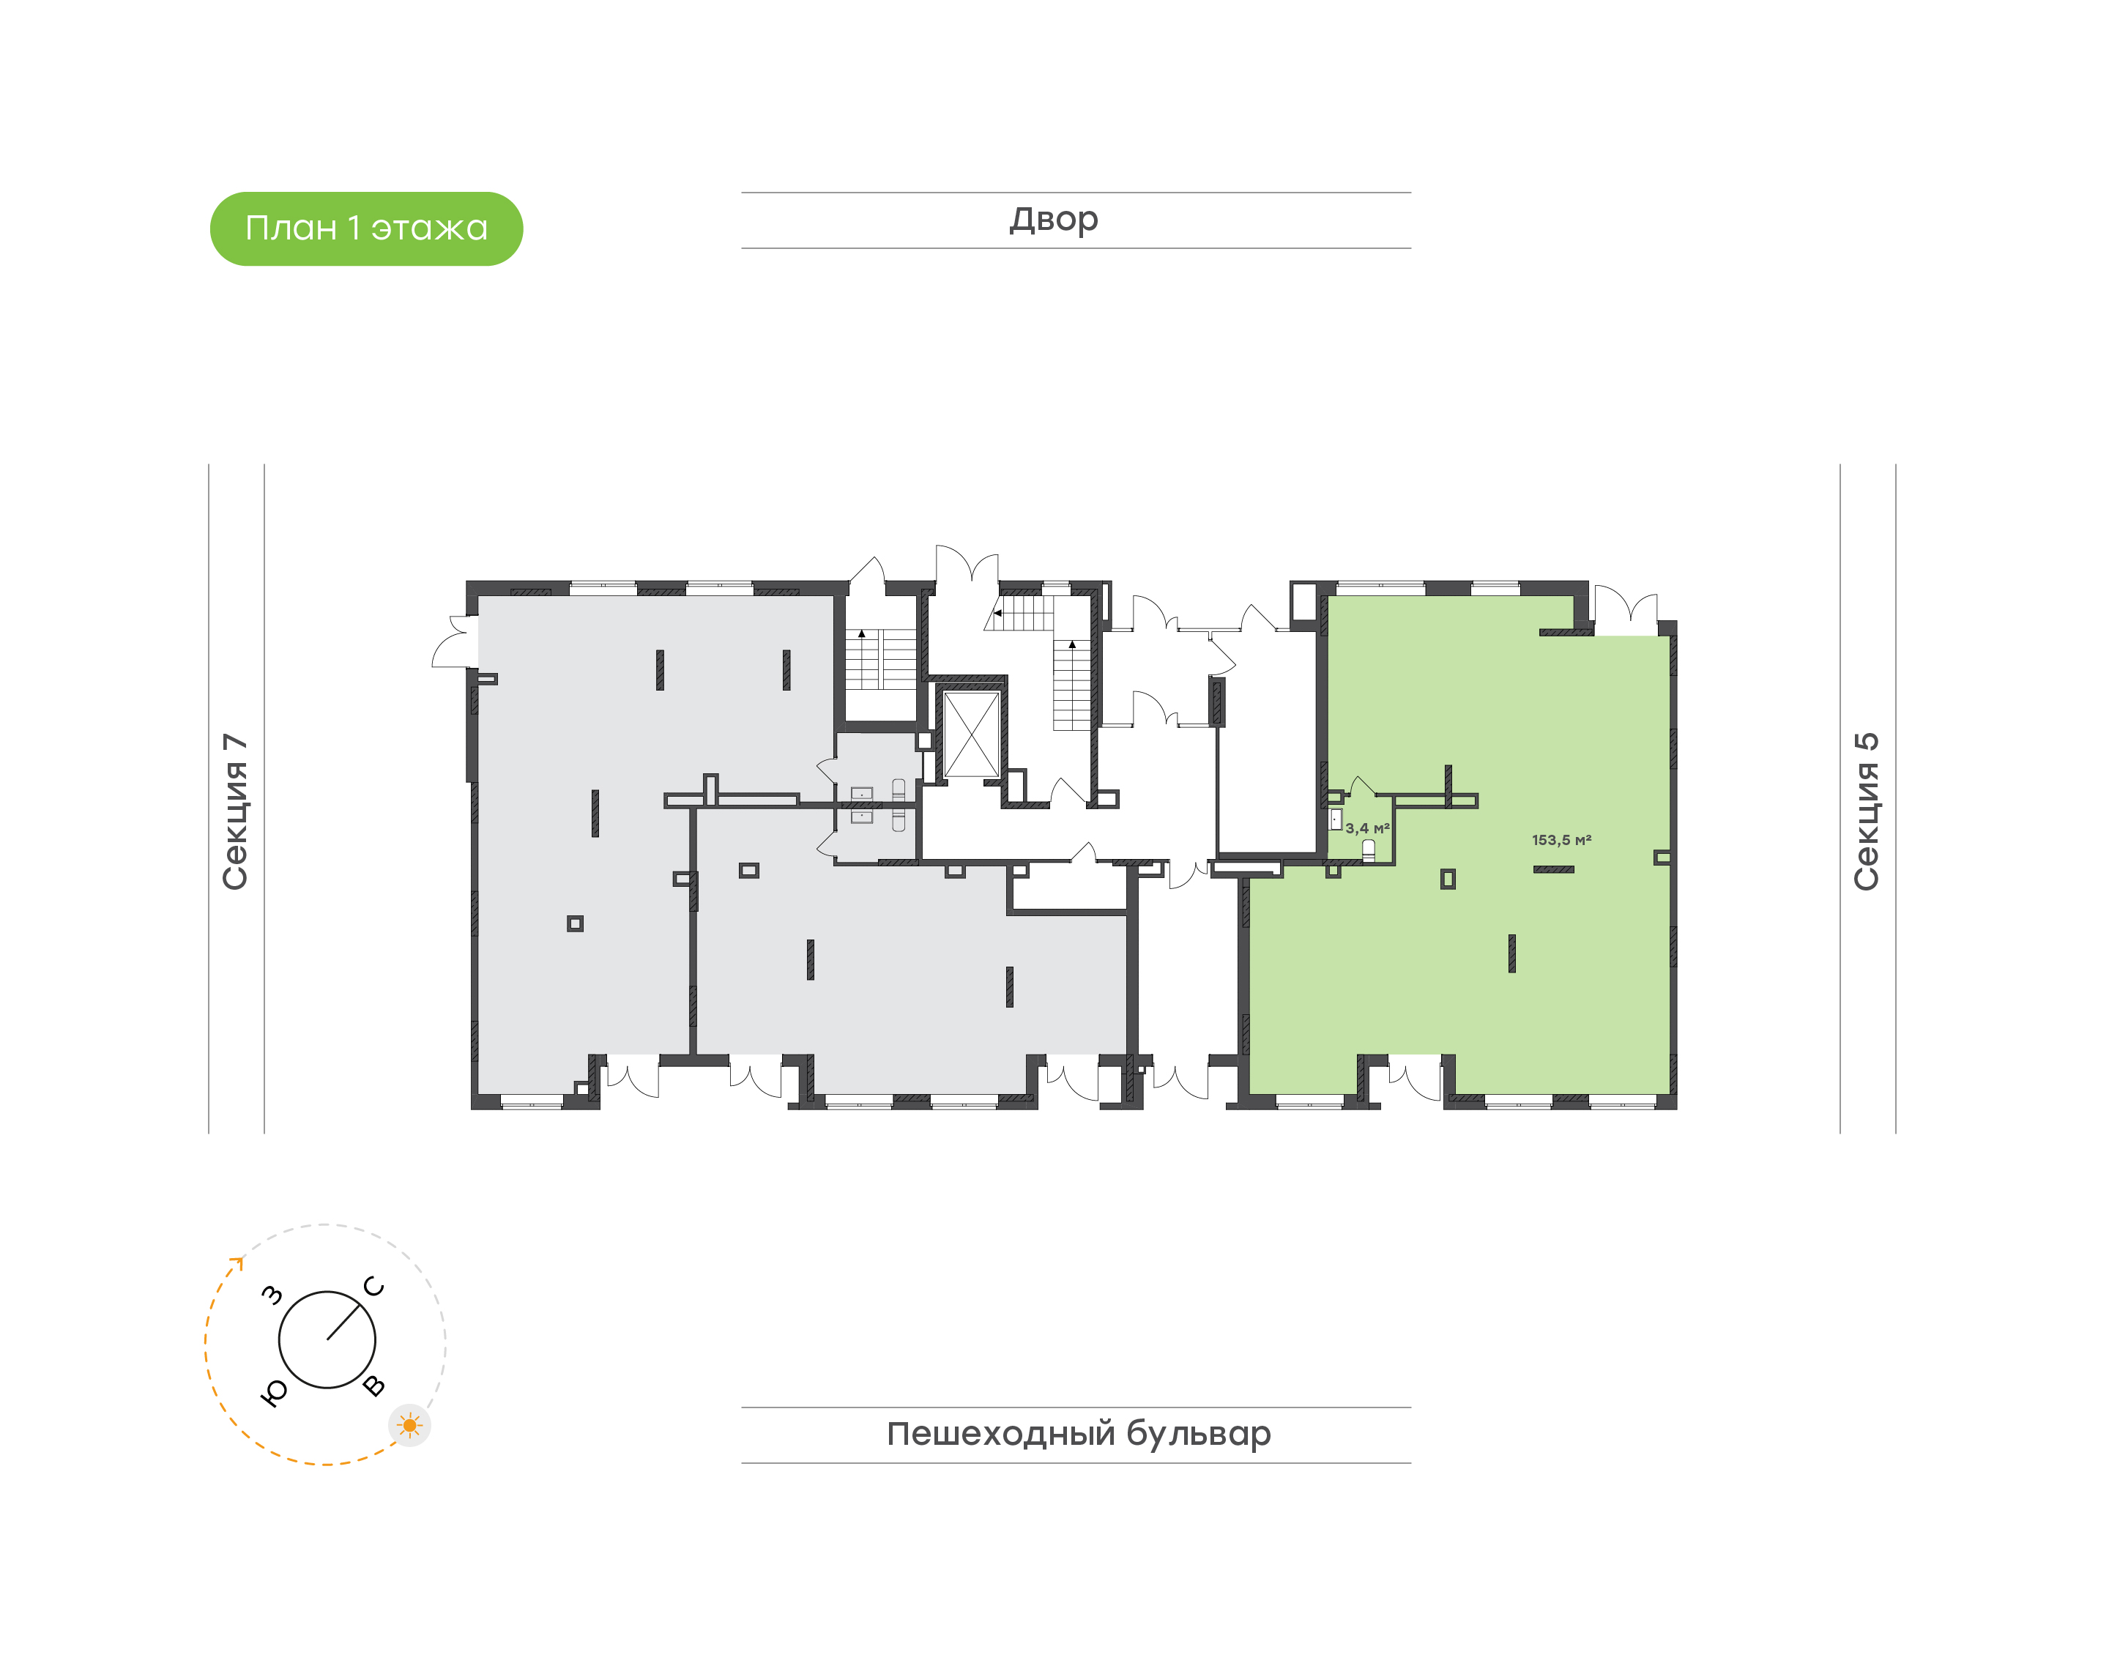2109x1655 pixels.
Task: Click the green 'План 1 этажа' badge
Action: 366,228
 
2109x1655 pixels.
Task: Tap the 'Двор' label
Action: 1054,220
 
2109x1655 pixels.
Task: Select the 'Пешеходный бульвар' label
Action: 1078,1434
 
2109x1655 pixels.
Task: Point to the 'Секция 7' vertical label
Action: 235,811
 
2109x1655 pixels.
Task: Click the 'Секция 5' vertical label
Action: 1867,811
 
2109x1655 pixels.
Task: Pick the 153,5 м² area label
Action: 1561,840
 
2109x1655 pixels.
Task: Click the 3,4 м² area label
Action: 1367,828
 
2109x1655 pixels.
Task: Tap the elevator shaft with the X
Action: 971,734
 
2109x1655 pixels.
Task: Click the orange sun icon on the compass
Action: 410,1425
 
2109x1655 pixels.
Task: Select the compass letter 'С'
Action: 374,1287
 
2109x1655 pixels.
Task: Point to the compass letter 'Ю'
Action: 274,1392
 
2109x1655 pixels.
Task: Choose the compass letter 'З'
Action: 273,1295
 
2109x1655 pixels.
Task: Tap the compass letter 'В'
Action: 374,1386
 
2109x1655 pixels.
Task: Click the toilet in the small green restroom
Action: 1368,851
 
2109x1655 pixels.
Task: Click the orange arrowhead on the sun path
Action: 237,1262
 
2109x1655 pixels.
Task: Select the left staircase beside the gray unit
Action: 881,659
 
